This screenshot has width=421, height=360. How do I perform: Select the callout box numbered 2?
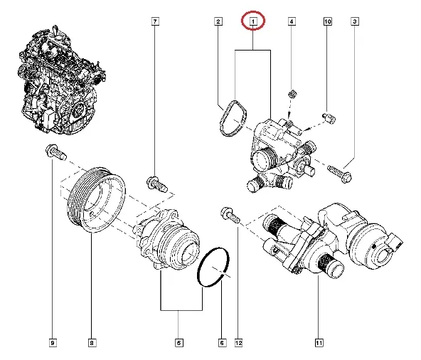(218, 23)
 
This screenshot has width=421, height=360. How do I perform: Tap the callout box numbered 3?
(354, 23)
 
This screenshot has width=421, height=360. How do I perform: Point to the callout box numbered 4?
(292, 23)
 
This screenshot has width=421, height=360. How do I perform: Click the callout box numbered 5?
(179, 344)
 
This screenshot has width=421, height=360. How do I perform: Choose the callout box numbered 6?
(222, 344)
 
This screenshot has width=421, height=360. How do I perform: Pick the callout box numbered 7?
(155, 23)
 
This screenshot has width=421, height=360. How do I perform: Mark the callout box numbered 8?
(92, 344)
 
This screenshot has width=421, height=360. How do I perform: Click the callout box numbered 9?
(52, 344)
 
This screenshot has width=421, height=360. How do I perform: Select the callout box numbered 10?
(328, 23)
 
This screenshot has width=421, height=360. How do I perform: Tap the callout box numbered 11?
(319, 344)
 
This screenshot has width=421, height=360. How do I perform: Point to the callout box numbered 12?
(238, 344)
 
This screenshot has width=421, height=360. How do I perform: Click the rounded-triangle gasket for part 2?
(231, 119)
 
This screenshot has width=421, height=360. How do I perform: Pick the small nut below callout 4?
(292, 95)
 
